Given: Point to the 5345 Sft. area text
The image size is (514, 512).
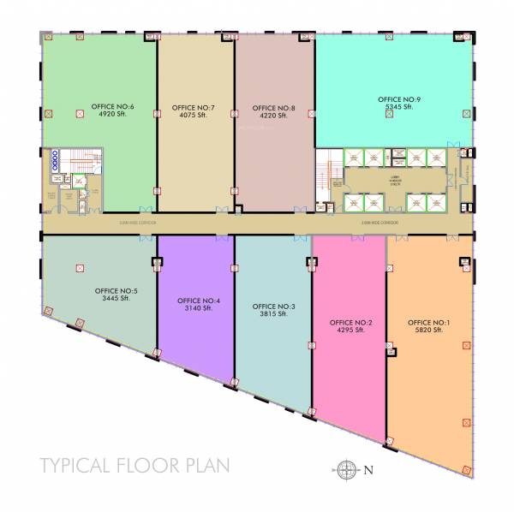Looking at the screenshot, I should [401, 108].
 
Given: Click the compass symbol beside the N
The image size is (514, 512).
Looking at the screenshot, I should [346, 468].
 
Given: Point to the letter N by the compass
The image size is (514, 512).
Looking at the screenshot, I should [369, 468].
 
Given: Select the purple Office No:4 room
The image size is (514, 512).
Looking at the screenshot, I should [195, 334].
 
